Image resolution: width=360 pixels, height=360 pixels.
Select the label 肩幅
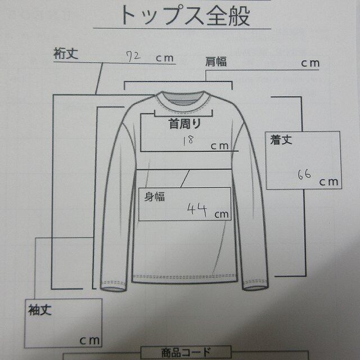[216, 62]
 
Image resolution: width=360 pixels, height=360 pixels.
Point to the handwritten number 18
[188, 141]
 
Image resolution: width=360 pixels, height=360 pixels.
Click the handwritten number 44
[198, 211]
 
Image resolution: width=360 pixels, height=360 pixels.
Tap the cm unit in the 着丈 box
[329, 181]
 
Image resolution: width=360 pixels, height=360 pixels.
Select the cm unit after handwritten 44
[221, 213]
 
